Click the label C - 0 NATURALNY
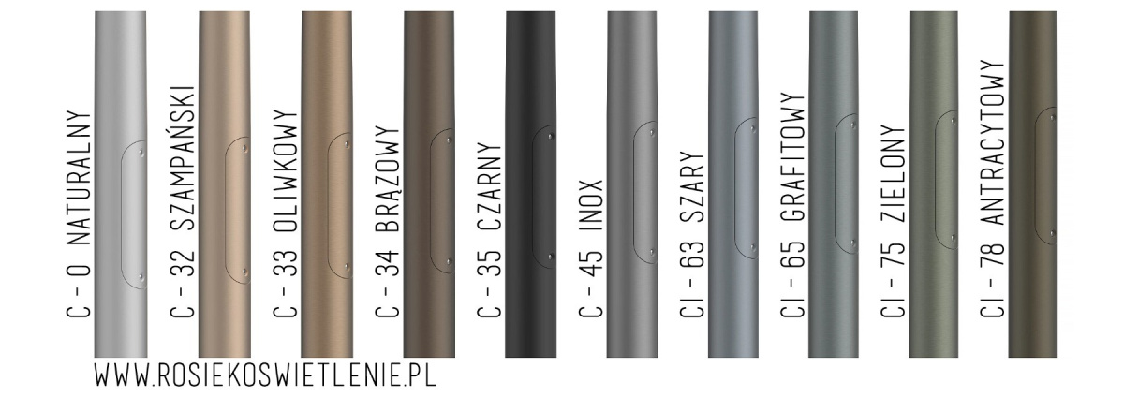click(79, 214)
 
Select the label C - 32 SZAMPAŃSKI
click(182, 201)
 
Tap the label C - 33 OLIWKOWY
click(286, 213)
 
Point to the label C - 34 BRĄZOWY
click(388, 222)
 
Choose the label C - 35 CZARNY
click(489, 230)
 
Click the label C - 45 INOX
click(591, 248)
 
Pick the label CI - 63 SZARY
click(692, 233)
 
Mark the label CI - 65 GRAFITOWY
click(792, 205)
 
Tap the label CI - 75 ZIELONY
click(894, 221)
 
